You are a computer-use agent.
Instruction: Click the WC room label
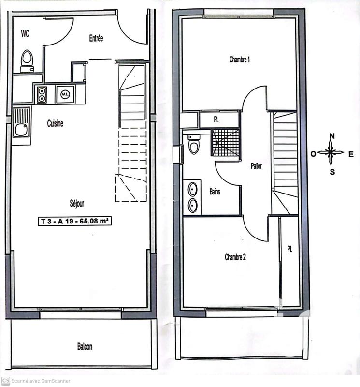tap(26, 33)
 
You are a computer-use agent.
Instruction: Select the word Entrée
tap(96, 38)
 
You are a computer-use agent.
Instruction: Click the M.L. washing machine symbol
tap(64, 94)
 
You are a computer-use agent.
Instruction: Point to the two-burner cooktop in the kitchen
tap(41, 94)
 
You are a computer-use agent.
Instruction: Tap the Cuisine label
tap(55, 123)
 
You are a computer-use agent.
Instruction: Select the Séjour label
tap(77, 204)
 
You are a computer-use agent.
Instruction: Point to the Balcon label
tap(85, 346)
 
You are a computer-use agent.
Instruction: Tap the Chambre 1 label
tap(240, 60)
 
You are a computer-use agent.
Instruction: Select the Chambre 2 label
tap(235, 257)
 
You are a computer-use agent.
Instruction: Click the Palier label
tap(256, 166)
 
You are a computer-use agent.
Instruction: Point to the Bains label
tap(215, 192)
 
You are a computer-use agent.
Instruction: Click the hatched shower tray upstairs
tap(225, 142)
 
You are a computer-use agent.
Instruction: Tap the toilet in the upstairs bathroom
tap(194, 144)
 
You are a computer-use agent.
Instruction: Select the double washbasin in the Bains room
tap(192, 197)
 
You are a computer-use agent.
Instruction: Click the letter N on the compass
tap(332, 136)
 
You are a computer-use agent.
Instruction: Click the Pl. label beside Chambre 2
tap(289, 249)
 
